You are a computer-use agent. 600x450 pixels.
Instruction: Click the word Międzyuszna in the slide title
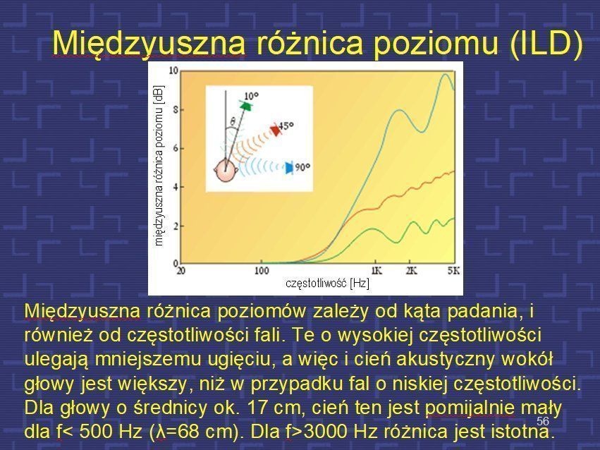coord(149,43)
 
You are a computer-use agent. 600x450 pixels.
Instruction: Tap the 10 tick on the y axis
coord(173,71)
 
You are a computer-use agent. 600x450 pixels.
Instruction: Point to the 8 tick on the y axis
coord(176,110)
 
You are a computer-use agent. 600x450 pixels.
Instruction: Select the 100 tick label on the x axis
coord(262,271)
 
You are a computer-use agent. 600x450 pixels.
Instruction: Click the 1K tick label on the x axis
coord(376,271)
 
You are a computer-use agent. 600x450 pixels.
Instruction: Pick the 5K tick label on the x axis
coord(454,271)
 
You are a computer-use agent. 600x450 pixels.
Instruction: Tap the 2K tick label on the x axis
coord(411,271)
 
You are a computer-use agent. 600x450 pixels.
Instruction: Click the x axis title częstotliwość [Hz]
coord(328,284)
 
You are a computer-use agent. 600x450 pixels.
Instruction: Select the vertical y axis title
coord(159,165)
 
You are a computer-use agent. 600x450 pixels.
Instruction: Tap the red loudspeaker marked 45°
coord(275,130)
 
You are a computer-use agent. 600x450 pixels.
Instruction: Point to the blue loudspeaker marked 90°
coord(289,167)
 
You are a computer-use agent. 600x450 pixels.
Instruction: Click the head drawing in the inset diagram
coord(226,171)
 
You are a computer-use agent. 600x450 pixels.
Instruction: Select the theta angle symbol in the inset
coord(233,122)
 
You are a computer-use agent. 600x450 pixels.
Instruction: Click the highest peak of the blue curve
coord(445,74)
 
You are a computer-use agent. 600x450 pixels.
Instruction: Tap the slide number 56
coord(543,421)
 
